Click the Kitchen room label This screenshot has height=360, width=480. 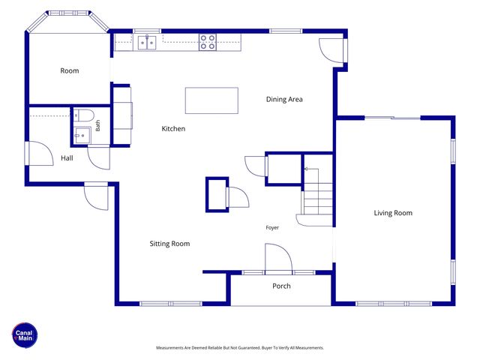click(x=173, y=128)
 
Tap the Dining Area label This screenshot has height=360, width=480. click(x=284, y=99)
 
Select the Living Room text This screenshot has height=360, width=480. click(x=393, y=213)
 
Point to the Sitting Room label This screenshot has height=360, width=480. click(x=169, y=244)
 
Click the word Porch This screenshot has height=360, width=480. click(x=281, y=286)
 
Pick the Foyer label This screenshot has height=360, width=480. click(x=272, y=227)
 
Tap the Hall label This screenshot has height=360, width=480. click(x=67, y=158)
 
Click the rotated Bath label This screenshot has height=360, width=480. click(x=97, y=125)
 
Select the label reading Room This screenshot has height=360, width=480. click(x=70, y=70)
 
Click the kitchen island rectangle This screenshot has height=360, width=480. click(x=211, y=100)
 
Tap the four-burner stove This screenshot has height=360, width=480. click(x=208, y=42)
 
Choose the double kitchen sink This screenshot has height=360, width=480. click(x=147, y=43)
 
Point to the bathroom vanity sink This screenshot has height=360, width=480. click(x=82, y=136)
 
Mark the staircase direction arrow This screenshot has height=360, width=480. click(x=312, y=169)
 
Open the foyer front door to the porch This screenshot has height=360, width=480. click(x=278, y=258)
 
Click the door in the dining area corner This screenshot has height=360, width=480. click(x=331, y=50)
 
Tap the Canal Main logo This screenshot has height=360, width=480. click(x=25, y=335)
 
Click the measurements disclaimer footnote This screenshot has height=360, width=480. click(x=240, y=348)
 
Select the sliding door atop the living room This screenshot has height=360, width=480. click(x=392, y=118)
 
